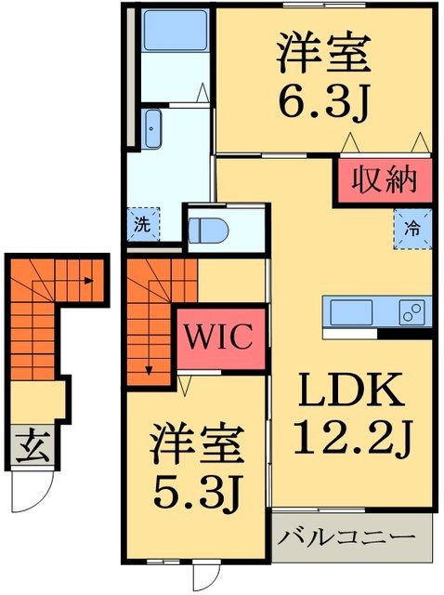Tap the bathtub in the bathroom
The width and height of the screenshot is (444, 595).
168,38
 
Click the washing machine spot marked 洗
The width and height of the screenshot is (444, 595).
142,223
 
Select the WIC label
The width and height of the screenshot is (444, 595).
223,336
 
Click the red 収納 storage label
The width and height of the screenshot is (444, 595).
383,177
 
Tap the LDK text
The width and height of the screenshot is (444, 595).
350,391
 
